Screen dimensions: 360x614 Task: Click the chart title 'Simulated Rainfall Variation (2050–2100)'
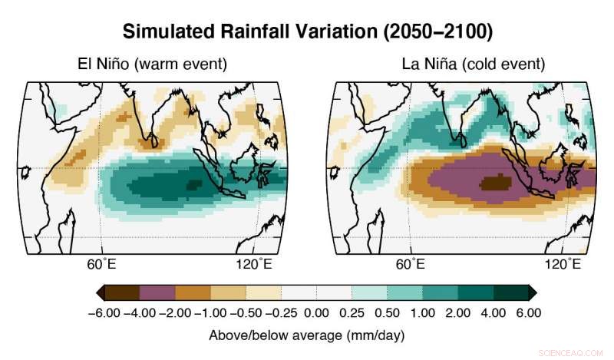pyautogui.click(x=307, y=31)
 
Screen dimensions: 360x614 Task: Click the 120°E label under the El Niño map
pyautogui.click(x=254, y=265)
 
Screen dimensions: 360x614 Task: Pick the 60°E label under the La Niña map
pyautogui.click(x=411, y=265)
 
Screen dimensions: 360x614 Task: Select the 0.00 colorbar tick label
pyautogui.click(x=316, y=313)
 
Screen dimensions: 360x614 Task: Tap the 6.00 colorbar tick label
pyautogui.click(x=529, y=313)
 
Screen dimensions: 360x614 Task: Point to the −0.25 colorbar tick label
pyautogui.click(x=281, y=313)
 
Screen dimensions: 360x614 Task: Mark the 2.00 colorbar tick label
pyautogui.click(x=458, y=313)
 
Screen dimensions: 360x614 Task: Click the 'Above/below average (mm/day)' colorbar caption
pyautogui.click(x=306, y=335)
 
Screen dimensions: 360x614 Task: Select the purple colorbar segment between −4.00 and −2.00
pyautogui.click(x=157, y=292)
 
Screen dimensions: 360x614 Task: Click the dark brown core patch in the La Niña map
pyautogui.click(x=494, y=182)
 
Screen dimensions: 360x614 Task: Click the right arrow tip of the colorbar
pyautogui.click(x=533, y=292)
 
